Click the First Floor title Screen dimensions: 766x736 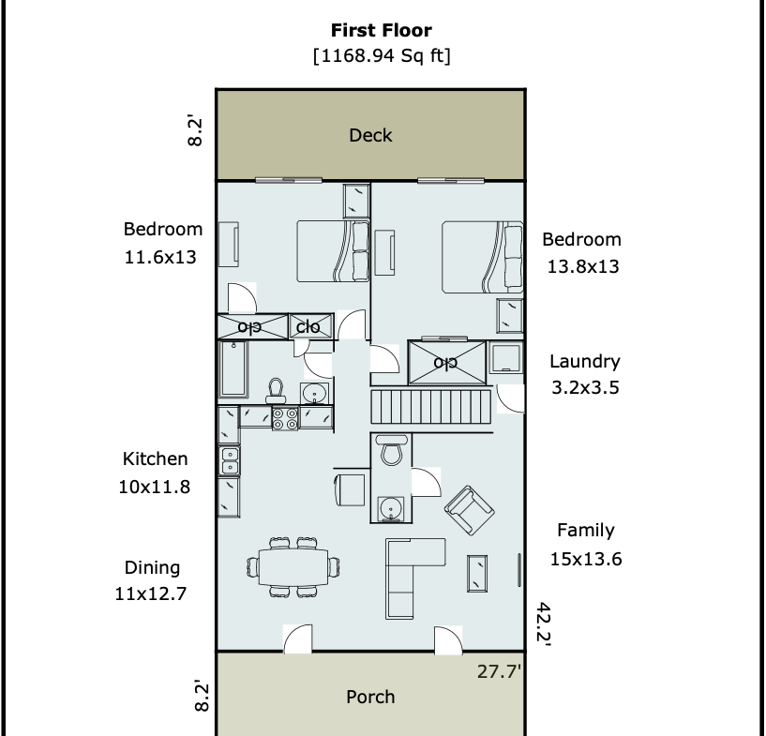tap(381, 30)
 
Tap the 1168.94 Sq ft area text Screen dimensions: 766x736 tap(382, 55)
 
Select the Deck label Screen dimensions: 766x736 tap(370, 135)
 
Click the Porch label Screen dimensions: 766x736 tap(370, 697)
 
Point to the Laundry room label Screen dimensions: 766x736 tap(585, 362)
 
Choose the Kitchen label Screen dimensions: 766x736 tap(155, 459)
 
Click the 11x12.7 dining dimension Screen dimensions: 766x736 tap(150, 593)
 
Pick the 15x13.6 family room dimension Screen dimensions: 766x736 tap(586, 559)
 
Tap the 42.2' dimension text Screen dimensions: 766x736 tap(544, 624)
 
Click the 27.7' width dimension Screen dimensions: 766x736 tap(499, 671)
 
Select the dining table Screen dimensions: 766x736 tap(293, 567)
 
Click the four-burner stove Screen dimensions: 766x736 tap(285, 418)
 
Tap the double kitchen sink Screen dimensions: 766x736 tap(229, 461)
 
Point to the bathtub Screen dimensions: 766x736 tap(233, 369)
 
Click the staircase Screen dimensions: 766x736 tap(431, 406)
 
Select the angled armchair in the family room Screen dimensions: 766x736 tap(470, 510)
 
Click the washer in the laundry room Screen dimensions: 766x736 tap(506, 359)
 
